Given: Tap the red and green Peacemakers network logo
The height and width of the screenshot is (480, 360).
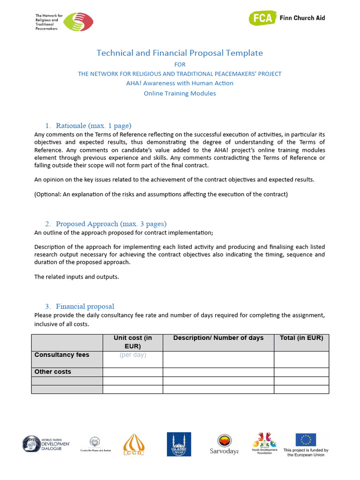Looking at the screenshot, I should (78, 22).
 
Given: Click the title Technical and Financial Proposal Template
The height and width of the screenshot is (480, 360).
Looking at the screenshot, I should (180, 53).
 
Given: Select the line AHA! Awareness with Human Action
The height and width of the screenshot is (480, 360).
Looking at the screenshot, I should (180, 83).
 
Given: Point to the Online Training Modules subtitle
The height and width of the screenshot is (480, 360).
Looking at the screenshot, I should (180, 93).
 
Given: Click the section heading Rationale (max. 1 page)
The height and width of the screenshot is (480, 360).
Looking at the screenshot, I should (93, 126).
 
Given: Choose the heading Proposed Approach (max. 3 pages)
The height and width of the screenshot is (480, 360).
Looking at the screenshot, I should (111, 224).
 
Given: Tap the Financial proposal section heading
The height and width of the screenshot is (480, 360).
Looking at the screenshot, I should (85, 307).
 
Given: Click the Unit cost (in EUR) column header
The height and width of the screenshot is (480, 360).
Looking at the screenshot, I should (133, 342).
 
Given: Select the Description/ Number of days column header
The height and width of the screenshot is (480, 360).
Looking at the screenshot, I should (218, 338).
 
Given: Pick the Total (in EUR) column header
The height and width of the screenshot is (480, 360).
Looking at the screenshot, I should (301, 338).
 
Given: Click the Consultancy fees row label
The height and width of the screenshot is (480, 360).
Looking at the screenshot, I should (62, 355).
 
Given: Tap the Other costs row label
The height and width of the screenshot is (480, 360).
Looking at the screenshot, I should (53, 372).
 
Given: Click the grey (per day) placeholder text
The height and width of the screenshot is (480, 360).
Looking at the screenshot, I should (133, 355).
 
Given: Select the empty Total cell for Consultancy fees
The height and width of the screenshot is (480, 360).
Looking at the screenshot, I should (301, 360).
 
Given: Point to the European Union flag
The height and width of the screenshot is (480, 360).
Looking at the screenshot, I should (306, 440).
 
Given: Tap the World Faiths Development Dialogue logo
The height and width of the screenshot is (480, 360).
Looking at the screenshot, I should (46, 444).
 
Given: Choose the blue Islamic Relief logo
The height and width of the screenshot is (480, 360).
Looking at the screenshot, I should (179, 444).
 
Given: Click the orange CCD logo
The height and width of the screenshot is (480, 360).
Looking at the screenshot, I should (134, 444).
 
